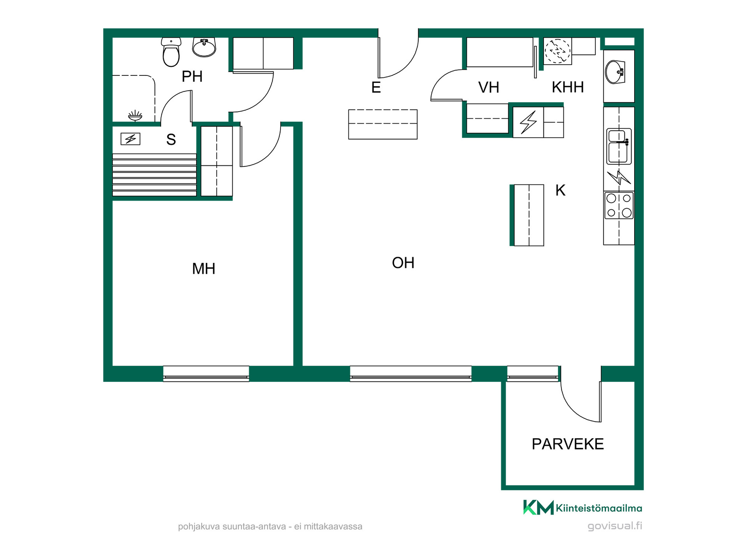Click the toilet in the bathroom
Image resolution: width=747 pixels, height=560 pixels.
[x=171, y=52]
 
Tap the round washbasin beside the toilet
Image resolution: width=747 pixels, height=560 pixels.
[x=204, y=47]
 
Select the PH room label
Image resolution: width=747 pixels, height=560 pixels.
[x=192, y=77]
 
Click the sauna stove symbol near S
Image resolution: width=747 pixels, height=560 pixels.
[x=130, y=139]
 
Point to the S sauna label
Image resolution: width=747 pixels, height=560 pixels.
[x=171, y=139]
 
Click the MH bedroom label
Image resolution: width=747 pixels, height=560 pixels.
[x=203, y=269]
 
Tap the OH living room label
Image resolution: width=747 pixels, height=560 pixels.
[x=403, y=263]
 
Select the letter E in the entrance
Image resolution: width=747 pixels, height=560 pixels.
[x=376, y=87]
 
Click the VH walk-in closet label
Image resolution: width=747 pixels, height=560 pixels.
[x=489, y=87]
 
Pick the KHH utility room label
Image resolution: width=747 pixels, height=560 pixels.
[x=568, y=87]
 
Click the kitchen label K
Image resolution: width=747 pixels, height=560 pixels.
[x=560, y=191]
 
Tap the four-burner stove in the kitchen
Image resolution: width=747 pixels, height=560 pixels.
[x=619, y=205]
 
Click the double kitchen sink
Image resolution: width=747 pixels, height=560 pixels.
[x=619, y=146]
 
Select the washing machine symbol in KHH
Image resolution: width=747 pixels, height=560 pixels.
[x=558, y=51]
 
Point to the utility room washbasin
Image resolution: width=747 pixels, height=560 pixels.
[x=615, y=72]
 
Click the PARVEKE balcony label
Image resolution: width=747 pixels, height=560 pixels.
[x=568, y=444]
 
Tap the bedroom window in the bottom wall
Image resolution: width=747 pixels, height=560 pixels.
[x=206, y=374]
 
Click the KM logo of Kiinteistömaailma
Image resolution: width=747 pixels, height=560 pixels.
[x=538, y=507]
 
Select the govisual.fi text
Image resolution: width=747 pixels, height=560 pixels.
[x=615, y=526]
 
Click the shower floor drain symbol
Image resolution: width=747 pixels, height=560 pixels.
[x=135, y=115]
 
